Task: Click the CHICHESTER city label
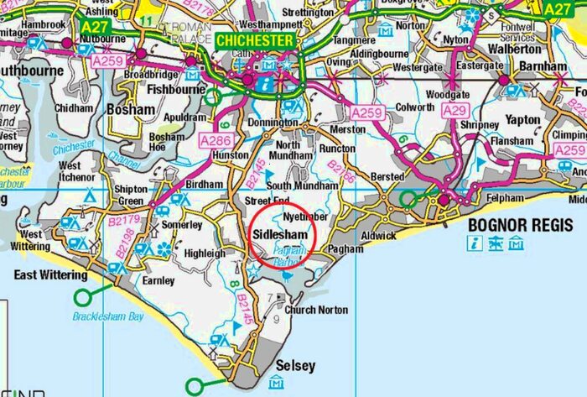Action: pos(256,40)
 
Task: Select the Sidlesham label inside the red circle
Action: pos(281,235)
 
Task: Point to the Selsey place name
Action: pos(296,366)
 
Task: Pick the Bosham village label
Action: pos(132,110)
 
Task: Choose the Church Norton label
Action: pos(316,310)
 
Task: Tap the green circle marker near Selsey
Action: pos(195,385)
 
